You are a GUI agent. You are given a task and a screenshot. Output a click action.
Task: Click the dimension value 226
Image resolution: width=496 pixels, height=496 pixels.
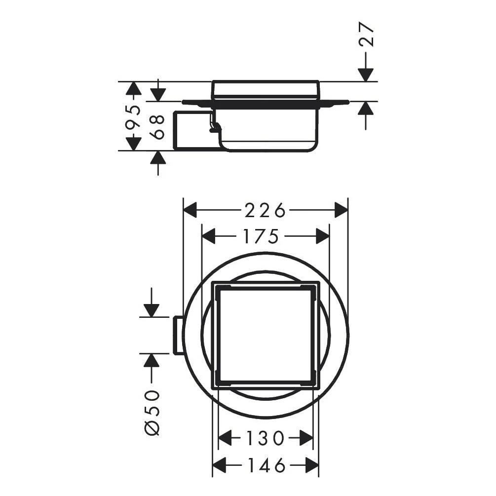coord(265,210)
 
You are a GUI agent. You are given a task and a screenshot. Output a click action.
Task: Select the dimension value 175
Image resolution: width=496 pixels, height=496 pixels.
coord(261,237)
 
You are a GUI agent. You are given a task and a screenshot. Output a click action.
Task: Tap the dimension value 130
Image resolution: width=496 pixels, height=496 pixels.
coord(265,438)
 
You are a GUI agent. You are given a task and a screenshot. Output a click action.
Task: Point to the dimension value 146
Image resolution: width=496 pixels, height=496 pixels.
coord(265,465)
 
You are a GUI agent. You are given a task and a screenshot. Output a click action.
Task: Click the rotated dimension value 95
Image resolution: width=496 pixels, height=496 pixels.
coord(133,116)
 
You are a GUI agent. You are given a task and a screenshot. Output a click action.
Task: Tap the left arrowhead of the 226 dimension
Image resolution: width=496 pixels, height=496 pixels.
coord(190,210)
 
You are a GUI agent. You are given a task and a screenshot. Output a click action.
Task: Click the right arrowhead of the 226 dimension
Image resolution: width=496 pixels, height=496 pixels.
coord(341,210)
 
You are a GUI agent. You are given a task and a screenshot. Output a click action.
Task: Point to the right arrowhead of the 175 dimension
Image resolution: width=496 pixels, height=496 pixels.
coord(323,237)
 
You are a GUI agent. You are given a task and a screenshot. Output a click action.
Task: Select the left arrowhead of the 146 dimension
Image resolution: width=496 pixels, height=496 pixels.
coord(219,465)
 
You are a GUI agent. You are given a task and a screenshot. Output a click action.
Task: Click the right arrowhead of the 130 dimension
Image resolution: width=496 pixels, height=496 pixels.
coord(306,438)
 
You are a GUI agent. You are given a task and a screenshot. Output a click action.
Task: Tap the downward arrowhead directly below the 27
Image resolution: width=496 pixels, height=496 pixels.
coord(366,75)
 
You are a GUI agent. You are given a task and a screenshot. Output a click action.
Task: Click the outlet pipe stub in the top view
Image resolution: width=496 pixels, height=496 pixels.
coord(178,335)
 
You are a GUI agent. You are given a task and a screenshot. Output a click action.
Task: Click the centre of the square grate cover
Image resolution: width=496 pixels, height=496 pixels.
coord(265,335)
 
